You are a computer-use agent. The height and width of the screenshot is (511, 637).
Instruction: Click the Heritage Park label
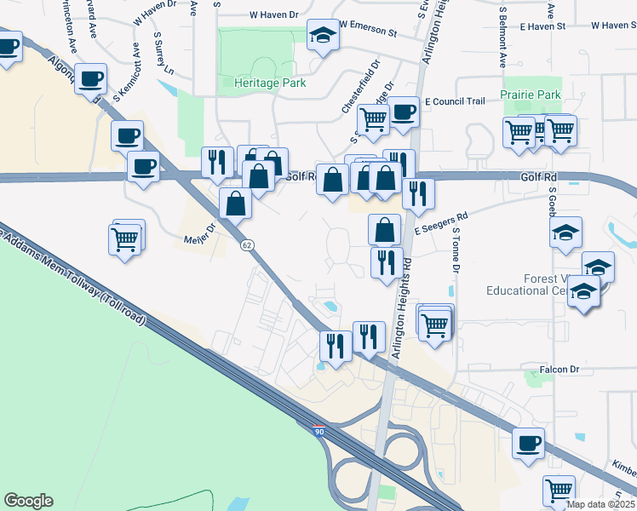269,83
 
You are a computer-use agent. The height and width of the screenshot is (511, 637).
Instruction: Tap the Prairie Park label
531,95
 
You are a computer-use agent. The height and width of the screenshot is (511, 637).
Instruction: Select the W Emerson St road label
368,33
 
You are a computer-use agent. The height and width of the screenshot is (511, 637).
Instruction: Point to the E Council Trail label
454,101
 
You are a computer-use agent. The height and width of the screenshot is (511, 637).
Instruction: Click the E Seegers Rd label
441,224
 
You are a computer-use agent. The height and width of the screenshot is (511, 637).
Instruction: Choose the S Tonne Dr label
456,250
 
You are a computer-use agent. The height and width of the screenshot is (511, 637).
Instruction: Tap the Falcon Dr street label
560,370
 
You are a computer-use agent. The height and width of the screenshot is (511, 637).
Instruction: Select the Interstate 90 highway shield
318,432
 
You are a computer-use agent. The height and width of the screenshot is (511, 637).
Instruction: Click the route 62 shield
247,245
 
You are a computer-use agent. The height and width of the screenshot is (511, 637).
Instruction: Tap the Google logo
28,501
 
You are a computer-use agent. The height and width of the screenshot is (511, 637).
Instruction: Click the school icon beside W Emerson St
321,36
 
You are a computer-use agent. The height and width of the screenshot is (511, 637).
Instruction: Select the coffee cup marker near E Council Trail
403,112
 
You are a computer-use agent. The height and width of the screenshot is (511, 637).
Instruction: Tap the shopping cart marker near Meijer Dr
126,238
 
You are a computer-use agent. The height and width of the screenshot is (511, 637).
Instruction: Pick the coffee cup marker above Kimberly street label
529,444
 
